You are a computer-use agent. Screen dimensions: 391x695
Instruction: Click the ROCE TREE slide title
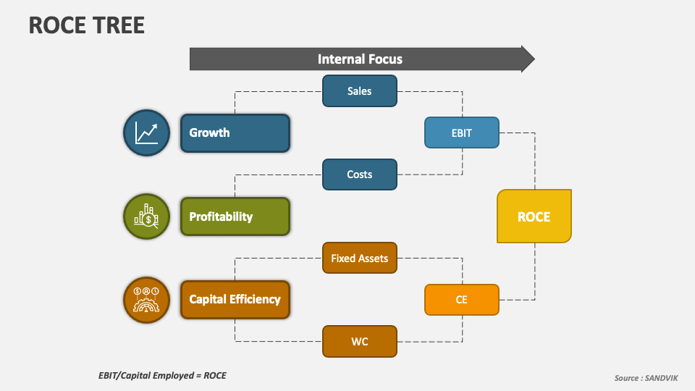coord(87,25)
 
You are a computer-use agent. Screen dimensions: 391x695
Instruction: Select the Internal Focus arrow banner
coord(360,59)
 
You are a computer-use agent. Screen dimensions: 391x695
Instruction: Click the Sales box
coord(360,91)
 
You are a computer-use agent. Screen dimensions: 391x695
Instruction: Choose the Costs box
coord(360,175)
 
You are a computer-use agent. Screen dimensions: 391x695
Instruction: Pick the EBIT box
coord(462,133)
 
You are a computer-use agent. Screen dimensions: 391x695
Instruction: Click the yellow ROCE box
coord(534,216)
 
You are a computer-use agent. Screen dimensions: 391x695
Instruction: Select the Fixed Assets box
coord(360,258)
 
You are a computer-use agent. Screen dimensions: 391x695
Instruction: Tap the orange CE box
coord(462,300)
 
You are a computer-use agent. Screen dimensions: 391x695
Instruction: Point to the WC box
coord(360,341)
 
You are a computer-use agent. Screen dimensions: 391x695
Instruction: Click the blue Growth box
coord(235,133)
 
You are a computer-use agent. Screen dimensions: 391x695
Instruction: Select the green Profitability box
coord(235,216)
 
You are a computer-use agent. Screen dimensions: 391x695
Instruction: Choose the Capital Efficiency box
coord(235,299)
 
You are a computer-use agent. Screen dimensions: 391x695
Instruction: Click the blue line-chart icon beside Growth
coord(146,133)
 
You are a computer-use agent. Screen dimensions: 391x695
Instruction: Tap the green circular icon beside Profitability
coord(146,216)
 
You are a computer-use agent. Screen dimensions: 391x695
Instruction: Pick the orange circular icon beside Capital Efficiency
coord(146,299)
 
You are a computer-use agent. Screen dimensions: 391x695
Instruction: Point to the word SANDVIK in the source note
coord(662,378)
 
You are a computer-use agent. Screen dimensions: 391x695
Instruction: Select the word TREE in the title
coord(118,25)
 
